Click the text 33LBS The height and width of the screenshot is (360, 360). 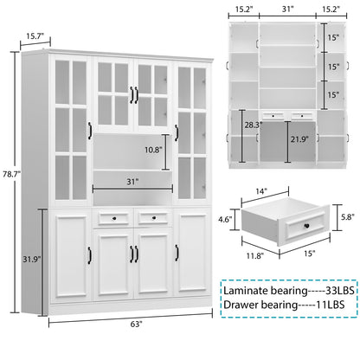[x=335, y=289]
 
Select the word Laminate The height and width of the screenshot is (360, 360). [x=247, y=289]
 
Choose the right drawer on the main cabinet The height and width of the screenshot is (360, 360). [x=152, y=218]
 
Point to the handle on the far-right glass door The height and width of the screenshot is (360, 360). [x=177, y=132]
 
